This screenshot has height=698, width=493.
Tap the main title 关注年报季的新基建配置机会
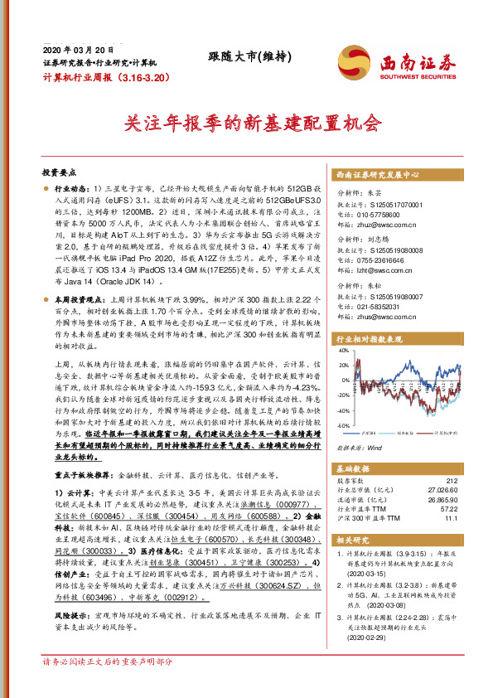246,124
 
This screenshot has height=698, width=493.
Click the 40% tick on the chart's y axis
342,351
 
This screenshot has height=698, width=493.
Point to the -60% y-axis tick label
341,425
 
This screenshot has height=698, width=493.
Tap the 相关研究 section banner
354,540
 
